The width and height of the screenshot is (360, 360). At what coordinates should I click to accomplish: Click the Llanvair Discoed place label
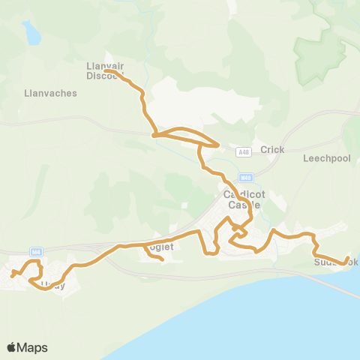[105, 70]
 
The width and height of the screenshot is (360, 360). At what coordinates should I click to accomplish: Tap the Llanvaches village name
[43, 93]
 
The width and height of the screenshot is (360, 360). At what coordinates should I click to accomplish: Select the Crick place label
[272, 150]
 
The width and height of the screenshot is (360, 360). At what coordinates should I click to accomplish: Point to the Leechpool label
[322, 159]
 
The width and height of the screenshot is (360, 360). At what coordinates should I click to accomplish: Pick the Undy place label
[52, 285]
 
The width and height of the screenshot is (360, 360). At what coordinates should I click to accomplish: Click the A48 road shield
[242, 152]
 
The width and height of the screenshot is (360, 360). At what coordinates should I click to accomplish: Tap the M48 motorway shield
[245, 178]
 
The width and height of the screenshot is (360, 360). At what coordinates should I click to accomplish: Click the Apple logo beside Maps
[12, 347]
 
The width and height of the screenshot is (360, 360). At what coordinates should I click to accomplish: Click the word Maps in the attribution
[32, 347]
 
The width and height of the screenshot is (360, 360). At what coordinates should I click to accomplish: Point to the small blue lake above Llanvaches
[31, 33]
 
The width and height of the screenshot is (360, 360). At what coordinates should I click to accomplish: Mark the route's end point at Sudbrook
[346, 261]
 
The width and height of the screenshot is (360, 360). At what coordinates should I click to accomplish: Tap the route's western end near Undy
[12, 274]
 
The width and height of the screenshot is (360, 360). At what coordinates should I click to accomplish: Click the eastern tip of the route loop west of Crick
[218, 145]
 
